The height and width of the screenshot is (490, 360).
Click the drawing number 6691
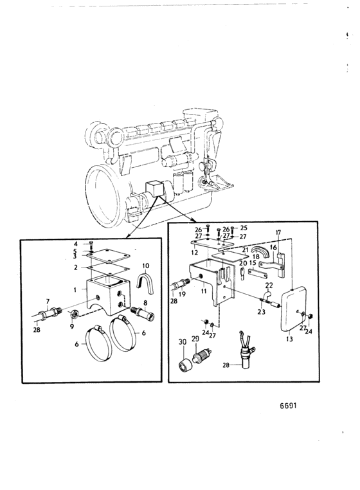pos(288,406)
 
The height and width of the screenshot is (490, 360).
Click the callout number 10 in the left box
pos(146,266)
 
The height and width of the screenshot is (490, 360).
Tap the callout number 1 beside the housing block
pos(75,290)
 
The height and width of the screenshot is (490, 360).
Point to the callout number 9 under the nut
pos(72,326)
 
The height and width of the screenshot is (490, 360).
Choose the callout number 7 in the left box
pos(48,301)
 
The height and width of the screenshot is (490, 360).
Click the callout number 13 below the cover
pos(289,338)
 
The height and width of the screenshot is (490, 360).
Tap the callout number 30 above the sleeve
pos(182,342)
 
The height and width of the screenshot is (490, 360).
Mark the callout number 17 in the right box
pos(278,233)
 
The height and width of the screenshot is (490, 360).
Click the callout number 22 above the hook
pos(269,286)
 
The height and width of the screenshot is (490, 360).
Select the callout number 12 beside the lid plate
pos(194,252)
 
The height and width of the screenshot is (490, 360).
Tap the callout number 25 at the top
pos(244,228)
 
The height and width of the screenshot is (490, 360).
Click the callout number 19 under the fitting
pos(182,294)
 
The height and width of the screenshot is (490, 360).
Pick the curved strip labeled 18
pos(261,250)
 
